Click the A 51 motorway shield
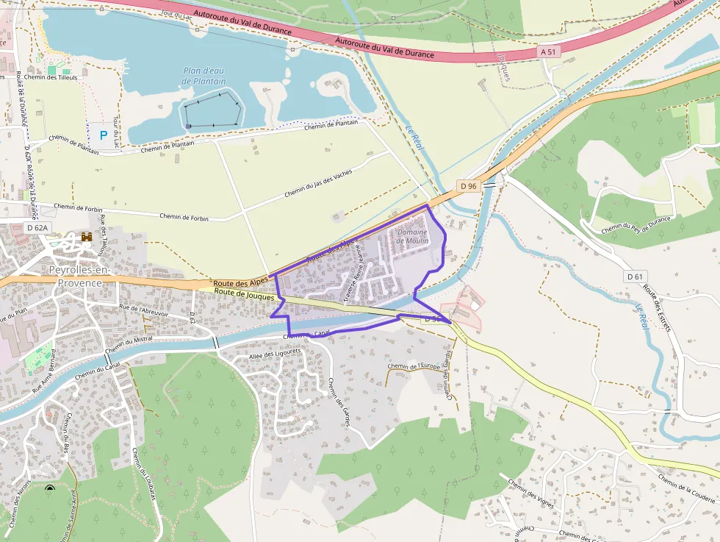pos(547,51)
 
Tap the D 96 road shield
pos(468,186)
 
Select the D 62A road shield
pos(37,228)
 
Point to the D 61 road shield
pos(636,277)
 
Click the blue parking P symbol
pos(103,135)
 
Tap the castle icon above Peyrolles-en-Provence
pos(87,238)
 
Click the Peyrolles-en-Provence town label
pos(79,276)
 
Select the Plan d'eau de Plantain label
pos(204,76)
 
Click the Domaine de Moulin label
pos(412,236)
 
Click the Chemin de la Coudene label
pos(686,489)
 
